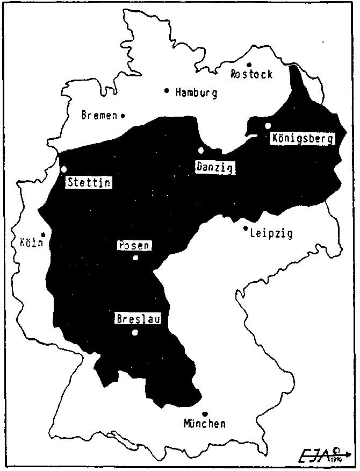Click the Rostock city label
(x=251, y=74)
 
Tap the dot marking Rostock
(x=249, y=65)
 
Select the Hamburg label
(x=196, y=93)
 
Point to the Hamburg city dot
(x=167, y=90)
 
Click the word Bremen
(x=99, y=115)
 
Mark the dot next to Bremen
(x=123, y=115)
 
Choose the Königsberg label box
(x=303, y=138)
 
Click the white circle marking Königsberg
(x=268, y=126)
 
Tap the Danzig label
(x=214, y=167)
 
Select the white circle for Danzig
(x=201, y=151)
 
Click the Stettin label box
(x=89, y=183)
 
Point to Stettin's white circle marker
(x=64, y=169)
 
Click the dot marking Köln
(x=43, y=235)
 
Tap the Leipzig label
(x=271, y=233)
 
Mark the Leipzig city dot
(x=246, y=229)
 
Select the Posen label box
(x=134, y=246)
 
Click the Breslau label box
(x=139, y=319)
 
